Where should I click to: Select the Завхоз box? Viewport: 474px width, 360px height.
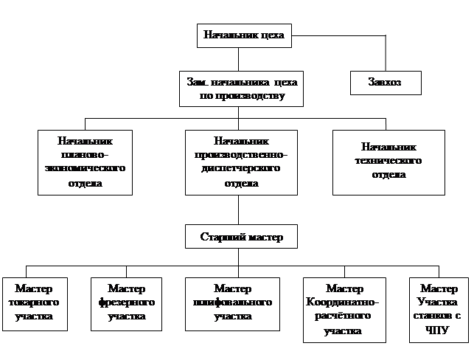click(x=385, y=82)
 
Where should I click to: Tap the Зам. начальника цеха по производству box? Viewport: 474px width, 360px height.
click(x=243, y=88)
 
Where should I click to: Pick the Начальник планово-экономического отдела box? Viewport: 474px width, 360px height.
click(x=85, y=162)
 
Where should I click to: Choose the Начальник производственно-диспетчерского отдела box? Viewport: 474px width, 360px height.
click(x=241, y=162)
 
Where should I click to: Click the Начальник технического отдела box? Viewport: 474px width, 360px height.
click(x=388, y=162)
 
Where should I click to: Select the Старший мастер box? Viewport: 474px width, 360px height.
click(x=241, y=238)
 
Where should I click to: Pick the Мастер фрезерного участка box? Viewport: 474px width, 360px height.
click(x=126, y=304)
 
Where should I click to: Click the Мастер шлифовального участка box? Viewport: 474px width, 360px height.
click(x=232, y=304)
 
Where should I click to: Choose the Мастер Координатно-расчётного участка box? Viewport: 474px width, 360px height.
click(x=344, y=310)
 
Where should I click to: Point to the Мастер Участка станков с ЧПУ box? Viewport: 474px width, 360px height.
click(x=439, y=309)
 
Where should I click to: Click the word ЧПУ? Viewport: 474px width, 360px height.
click(x=438, y=330)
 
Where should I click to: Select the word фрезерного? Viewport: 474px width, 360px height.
click(x=126, y=303)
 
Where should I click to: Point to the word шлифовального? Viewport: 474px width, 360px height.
click(x=232, y=303)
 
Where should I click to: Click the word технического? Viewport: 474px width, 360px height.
click(x=388, y=161)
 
